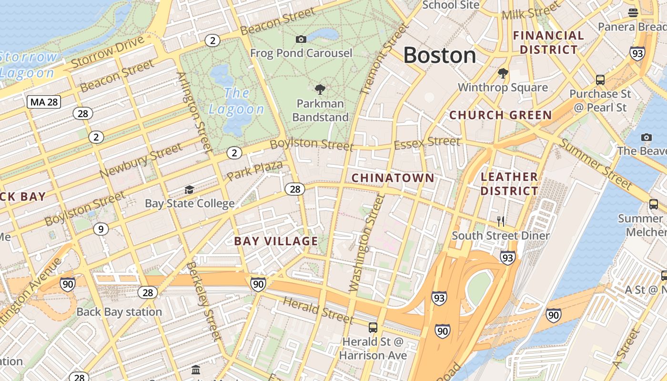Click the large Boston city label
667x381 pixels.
tap(439, 55)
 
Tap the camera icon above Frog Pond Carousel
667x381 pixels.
tap(301, 39)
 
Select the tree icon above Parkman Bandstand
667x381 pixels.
tap(320, 89)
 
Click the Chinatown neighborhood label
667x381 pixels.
tap(393, 178)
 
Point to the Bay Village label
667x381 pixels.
tap(276, 241)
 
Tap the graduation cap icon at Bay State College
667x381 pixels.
tap(189, 190)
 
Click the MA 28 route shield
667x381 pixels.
tap(44, 101)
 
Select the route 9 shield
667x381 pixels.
tap(100, 229)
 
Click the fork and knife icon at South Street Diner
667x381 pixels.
tap(501, 221)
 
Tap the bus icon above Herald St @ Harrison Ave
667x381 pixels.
tap(373, 328)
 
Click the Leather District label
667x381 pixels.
tap(509, 184)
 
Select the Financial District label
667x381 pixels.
tap(548, 42)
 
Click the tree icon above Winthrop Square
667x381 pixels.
tap(503, 73)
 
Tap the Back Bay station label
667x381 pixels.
tap(119, 312)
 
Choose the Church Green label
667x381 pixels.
tap(500, 115)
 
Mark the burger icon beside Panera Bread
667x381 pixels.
tap(633, 12)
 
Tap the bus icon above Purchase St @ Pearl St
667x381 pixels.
tap(600, 80)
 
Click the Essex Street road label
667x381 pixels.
tap(427, 142)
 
